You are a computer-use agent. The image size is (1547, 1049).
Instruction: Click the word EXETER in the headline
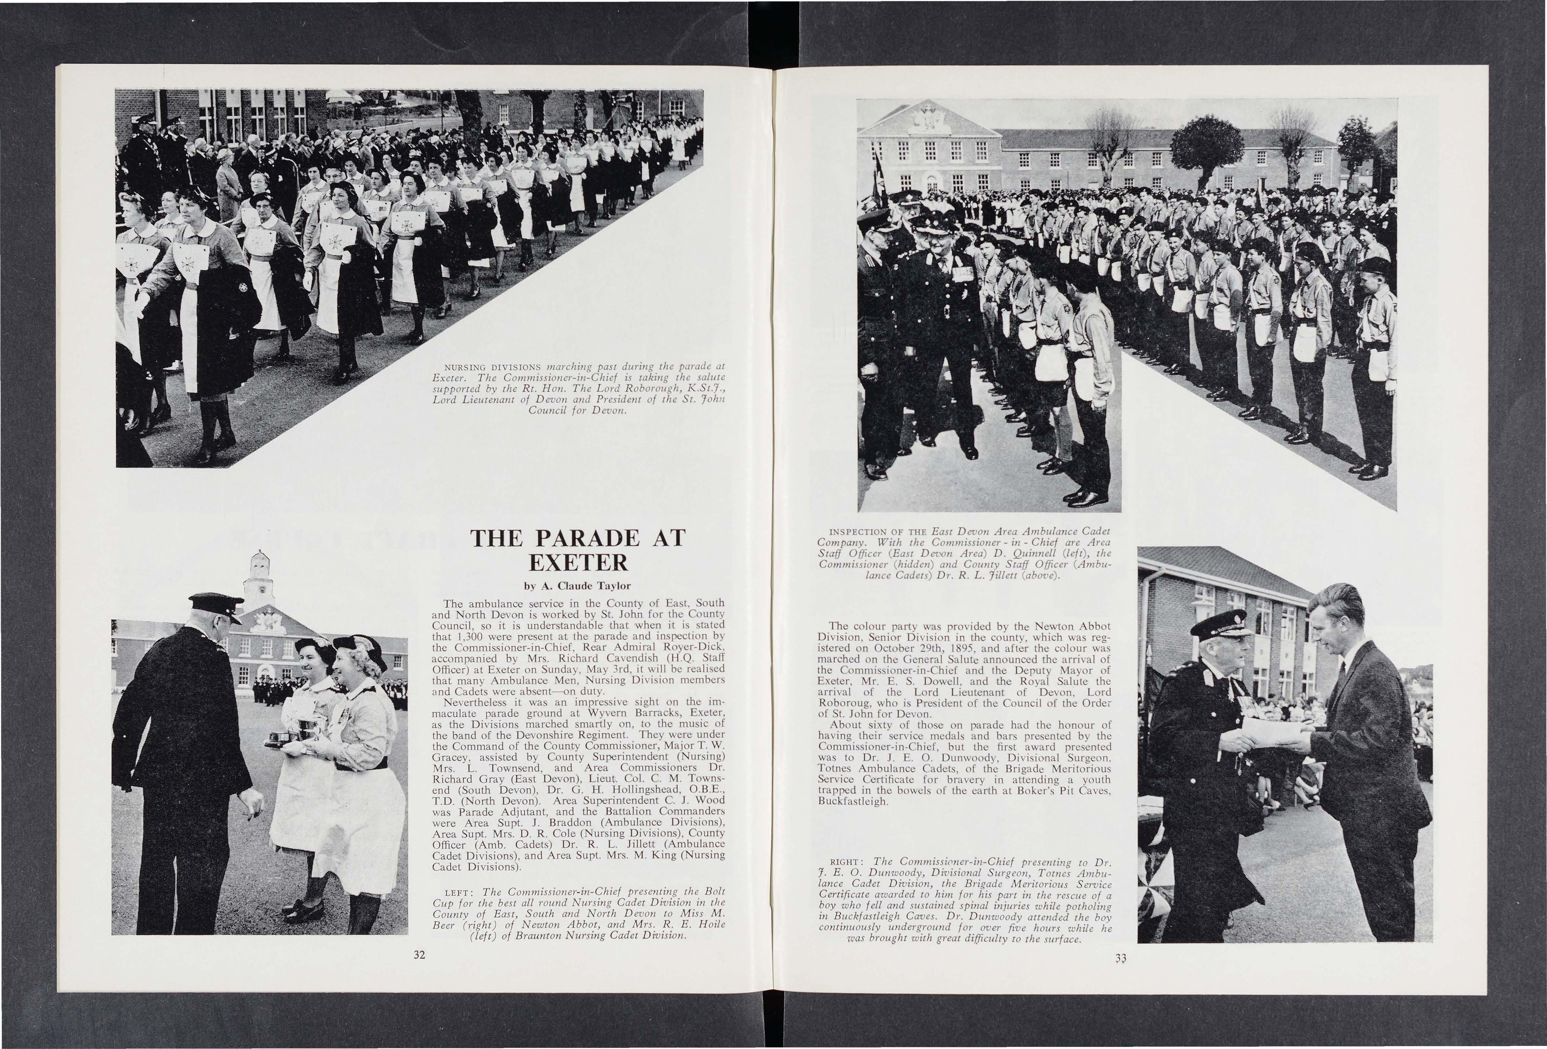tap(577, 563)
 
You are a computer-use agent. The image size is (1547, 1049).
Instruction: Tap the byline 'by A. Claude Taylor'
tap(577, 586)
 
